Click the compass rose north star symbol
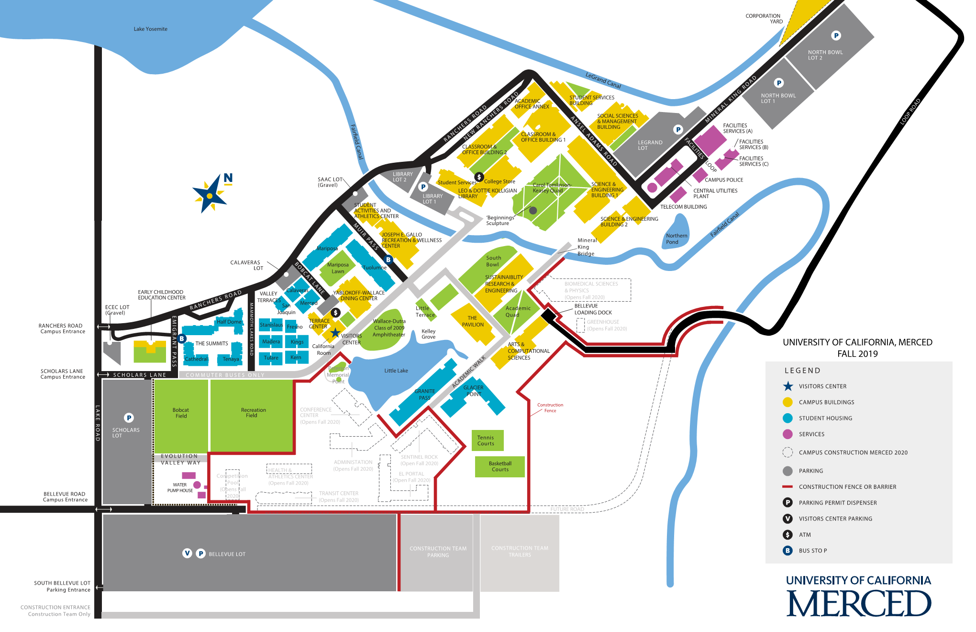[x=210, y=195]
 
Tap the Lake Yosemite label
[x=150, y=29]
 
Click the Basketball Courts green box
[x=500, y=466]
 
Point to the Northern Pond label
[x=676, y=239]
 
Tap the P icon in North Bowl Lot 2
[x=836, y=35]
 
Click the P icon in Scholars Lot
[x=129, y=418]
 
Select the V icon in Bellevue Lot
[x=188, y=553]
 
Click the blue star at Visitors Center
[x=335, y=332]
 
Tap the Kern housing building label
[x=296, y=357]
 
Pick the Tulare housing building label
[x=271, y=358]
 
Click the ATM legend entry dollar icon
[x=787, y=535]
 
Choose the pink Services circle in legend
[x=787, y=434]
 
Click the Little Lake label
[x=396, y=371]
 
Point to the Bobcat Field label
[x=181, y=413]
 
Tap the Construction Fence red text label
[x=550, y=408]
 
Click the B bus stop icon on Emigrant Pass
[x=182, y=339]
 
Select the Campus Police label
[x=723, y=180]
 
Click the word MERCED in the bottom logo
[x=858, y=604]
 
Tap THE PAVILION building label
[x=472, y=321]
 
